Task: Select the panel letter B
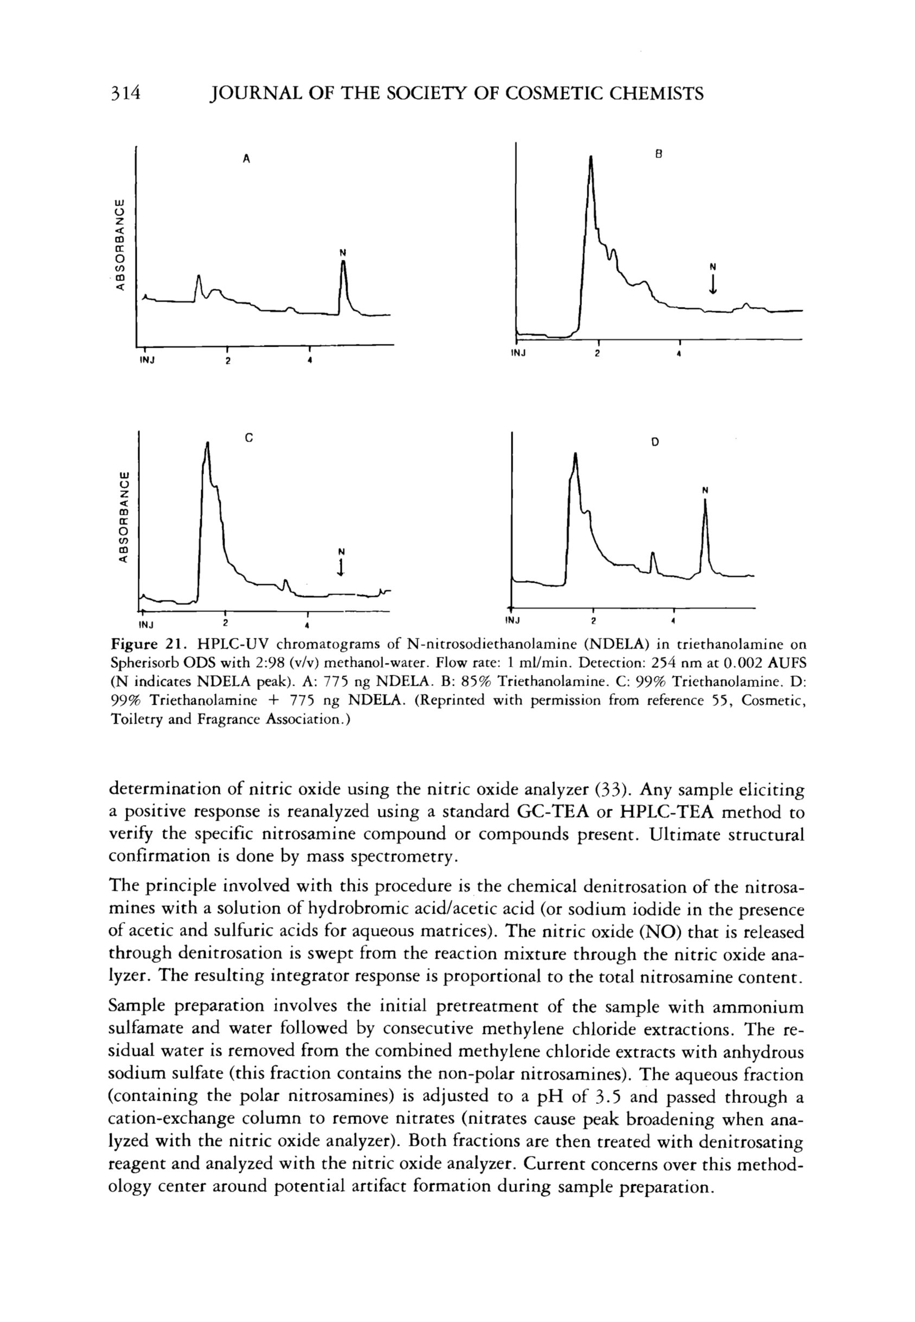coord(659,154)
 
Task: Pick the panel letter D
coord(655,442)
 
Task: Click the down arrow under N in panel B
coord(713,284)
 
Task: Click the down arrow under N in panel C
coord(341,567)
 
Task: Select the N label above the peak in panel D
coord(705,490)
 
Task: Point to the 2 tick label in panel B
coord(597,354)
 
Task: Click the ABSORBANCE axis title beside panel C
coord(121,518)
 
